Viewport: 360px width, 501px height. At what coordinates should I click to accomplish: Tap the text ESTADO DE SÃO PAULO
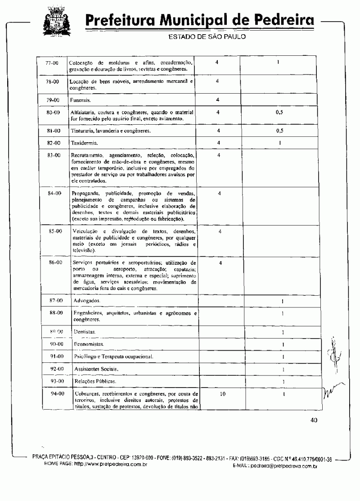click(207, 37)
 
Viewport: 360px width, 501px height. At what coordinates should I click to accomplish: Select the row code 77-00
click(53, 63)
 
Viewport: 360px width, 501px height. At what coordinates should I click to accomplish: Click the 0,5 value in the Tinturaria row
click(279, 131)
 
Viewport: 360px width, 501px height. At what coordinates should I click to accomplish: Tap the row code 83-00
click(53, 155)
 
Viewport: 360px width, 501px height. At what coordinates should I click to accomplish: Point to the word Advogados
click(87, 300)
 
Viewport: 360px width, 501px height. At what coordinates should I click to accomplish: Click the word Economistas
click(89, 344)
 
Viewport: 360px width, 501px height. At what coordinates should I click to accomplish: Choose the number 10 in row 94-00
click(222, 394)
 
